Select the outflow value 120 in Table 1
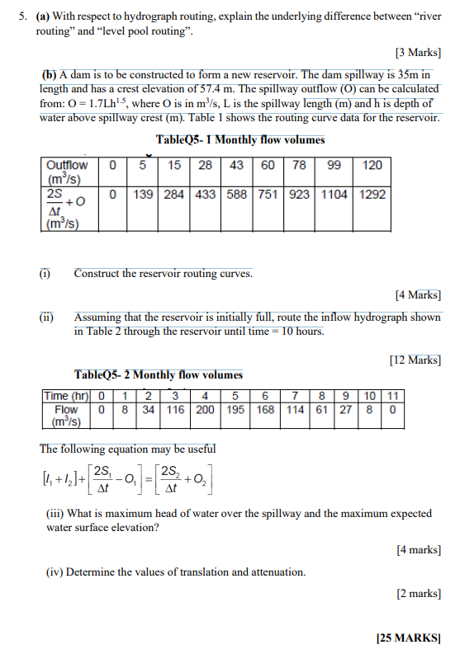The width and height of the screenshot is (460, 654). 372,165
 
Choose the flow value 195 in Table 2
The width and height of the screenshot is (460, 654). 236,409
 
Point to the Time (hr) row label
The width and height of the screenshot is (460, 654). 65,396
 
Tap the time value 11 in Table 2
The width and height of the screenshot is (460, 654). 393,396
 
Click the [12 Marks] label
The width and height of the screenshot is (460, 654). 415,359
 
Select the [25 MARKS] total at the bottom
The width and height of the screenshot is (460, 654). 408,638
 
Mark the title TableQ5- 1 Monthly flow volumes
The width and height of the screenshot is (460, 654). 239,139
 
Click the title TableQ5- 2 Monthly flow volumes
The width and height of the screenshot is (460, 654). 159,374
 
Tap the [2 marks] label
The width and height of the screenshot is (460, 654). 419,593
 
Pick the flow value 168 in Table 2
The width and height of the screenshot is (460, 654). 266,409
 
